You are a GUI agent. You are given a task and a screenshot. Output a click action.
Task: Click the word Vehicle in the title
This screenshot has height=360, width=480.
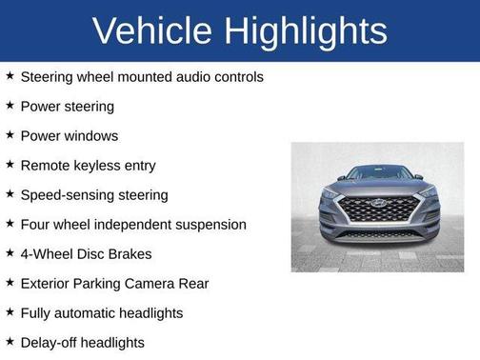153,31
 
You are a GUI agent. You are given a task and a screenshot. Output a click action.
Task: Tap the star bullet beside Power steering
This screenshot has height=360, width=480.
10,106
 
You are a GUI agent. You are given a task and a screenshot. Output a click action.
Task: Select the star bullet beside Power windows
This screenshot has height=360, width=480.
10,135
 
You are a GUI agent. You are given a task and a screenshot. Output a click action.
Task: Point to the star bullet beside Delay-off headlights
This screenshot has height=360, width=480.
10,341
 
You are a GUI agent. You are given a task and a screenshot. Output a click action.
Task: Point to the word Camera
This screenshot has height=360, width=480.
148,283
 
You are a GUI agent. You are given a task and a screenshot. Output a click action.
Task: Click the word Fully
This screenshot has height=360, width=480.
37,312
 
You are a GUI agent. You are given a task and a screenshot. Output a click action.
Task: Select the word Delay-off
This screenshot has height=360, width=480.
50,342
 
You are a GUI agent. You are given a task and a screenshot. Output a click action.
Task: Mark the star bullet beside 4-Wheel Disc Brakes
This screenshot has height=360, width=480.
10,253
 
